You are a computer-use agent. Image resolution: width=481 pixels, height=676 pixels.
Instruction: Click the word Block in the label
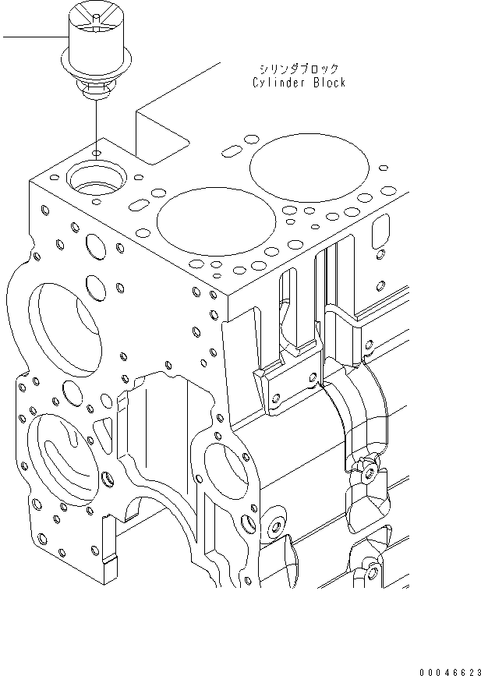[x=327, y=82]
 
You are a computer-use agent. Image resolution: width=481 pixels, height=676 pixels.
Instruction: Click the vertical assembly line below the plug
[x=95, y=125]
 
